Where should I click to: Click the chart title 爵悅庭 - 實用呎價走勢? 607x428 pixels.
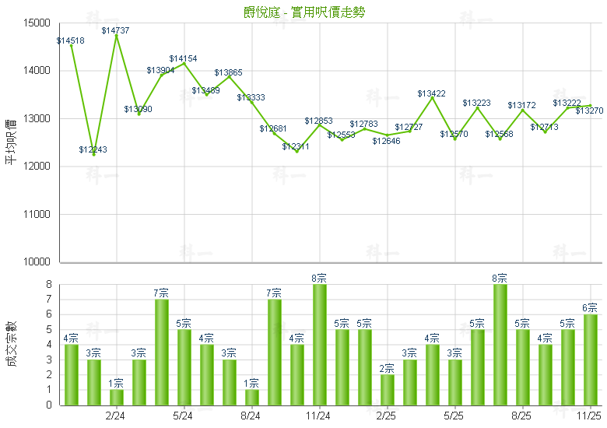coord(303,12)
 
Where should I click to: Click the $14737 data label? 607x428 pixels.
coord(116,30)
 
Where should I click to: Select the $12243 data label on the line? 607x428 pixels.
coord(93,149)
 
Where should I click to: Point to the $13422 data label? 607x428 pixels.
coord(432,93)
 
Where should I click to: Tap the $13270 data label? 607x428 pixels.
coord(589,111)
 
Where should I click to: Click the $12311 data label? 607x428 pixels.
coord(296,146)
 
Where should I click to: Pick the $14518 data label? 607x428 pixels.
coord(71,40)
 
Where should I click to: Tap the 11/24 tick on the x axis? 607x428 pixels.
coord(318,416)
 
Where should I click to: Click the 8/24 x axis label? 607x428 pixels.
coord(251,416)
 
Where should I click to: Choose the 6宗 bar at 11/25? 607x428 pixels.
coord(590,360)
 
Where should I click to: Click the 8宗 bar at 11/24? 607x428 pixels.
coord(319,345)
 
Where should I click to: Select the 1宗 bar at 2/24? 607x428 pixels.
coord(116,397)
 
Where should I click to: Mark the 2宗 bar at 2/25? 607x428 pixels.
coord(387,390)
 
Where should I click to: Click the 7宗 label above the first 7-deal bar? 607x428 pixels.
coord(161,293)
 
